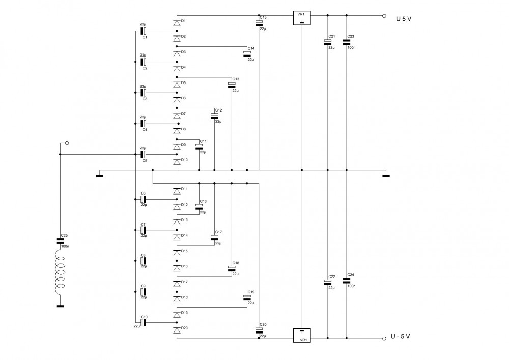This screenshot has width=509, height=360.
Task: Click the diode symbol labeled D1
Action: (x=177, y=23)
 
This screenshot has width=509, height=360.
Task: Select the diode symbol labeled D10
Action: (x=177, y=161)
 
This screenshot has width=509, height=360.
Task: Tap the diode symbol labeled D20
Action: (x=177, y=330)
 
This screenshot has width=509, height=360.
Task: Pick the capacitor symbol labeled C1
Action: (x=143, y=31)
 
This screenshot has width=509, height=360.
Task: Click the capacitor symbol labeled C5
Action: (x=143, y=154)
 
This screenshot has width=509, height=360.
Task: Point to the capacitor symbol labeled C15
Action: (x=259, y=23)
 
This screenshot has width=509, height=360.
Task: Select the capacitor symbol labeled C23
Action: (x=346, y=42)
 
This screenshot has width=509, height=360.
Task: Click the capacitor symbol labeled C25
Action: (x=60, y=241)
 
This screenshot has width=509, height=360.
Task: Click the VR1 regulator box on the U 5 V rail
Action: (x=302, y=18)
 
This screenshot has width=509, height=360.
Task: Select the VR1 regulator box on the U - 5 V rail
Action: (x=302, y=336)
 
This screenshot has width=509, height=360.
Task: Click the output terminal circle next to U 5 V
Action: (x=384, y=16)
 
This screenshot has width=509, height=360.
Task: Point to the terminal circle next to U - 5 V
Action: (x=384, y=338)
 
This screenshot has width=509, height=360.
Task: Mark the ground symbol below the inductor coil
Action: (x=60, y=306)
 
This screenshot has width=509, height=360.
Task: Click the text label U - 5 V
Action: (x=400, y=336)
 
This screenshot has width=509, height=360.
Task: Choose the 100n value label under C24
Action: (x=351, y=286)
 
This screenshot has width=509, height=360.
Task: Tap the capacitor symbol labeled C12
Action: (x=215, y=116)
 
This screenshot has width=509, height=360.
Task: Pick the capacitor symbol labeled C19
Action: (x=247, y=298)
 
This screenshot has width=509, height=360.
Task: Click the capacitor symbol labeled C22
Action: (x=327, y=282)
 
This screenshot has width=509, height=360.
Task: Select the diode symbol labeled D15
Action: (x=177, y=253)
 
